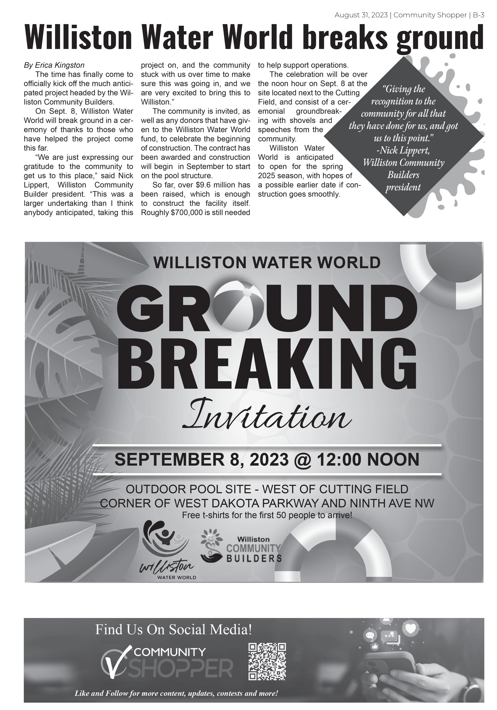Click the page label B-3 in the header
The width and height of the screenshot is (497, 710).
[478, 15]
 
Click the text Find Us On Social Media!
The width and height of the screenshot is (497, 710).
[174, 629]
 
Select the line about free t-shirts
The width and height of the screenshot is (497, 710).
[267, 515]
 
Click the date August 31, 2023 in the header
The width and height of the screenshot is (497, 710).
[361, 15]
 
